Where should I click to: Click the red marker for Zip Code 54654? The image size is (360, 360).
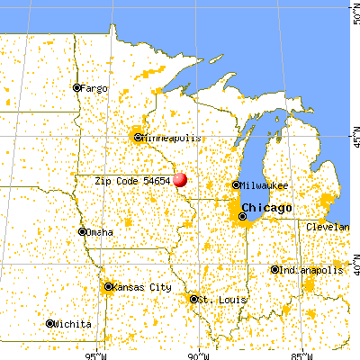point(180,179)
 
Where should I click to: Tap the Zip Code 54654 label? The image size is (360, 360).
point(133,180)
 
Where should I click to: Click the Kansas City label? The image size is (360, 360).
point(143,287)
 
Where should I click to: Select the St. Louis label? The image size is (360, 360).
point(217,299)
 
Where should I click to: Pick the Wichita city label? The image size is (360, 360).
point(71,323)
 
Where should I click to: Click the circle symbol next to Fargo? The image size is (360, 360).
point(77,88)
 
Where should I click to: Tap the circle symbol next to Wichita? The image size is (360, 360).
point(49,323)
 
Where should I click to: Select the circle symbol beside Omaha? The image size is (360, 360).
point(82,231)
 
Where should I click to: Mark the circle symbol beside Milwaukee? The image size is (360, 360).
point(237,184)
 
